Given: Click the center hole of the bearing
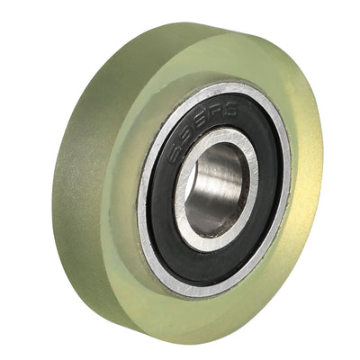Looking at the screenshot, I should click(216, 185).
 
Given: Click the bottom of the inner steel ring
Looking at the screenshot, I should click(209, 241).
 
